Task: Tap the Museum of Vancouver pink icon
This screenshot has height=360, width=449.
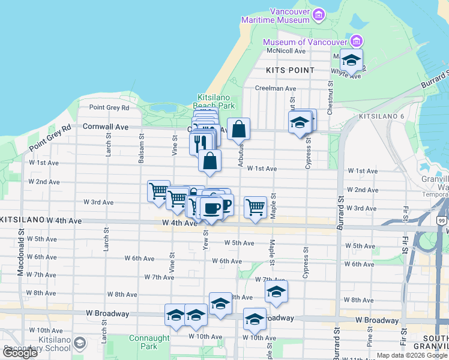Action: point(357,41)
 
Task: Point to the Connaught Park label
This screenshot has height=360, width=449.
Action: point(143,342)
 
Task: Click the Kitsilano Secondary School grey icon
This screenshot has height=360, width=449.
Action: point(80,343)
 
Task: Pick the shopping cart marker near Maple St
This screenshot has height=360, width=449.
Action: point(255,208)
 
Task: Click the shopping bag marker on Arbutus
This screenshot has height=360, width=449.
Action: point(238,128)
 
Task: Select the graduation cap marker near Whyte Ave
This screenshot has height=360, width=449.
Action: point(351,60)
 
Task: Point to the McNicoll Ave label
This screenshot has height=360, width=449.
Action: point(287,51)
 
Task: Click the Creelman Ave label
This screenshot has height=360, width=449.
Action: point(276,88)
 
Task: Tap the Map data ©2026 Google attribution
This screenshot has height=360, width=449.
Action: point(412,355)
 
